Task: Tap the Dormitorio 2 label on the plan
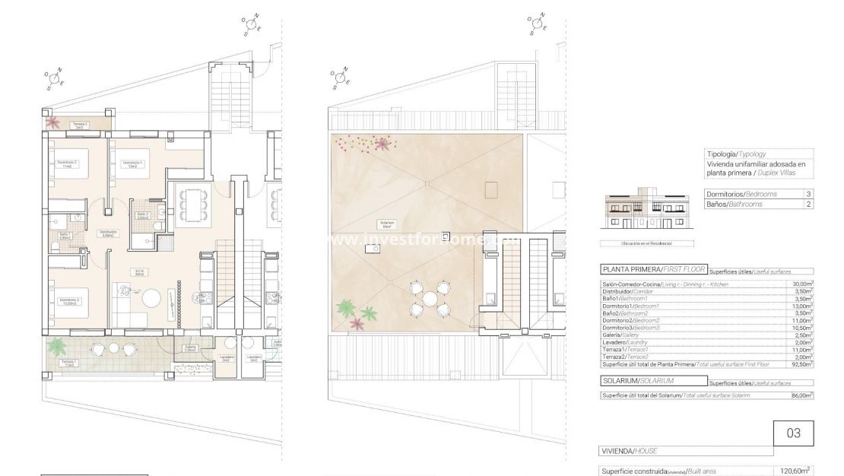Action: pyautogui.click(x=68, y=164)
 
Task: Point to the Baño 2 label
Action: pyautogui.click(x=142, y=216)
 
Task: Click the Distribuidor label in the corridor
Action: pyautogui.click(x=108, y=233)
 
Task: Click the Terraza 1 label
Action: pyautogui.click(x=70, y=363)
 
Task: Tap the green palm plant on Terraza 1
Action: pyautogui.click(x=57, y=347)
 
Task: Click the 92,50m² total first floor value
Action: pyautogui.click(x=802, y=364)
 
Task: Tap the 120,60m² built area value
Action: pyautogui.click(x=796, y=471)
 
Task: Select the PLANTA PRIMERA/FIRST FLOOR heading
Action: pyautogui.click(x=652, y=269)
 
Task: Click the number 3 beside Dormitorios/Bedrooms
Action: pyautogui.click(x=808, y=195)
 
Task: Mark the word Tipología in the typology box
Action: pyautogui.click(x=721, y=153)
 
